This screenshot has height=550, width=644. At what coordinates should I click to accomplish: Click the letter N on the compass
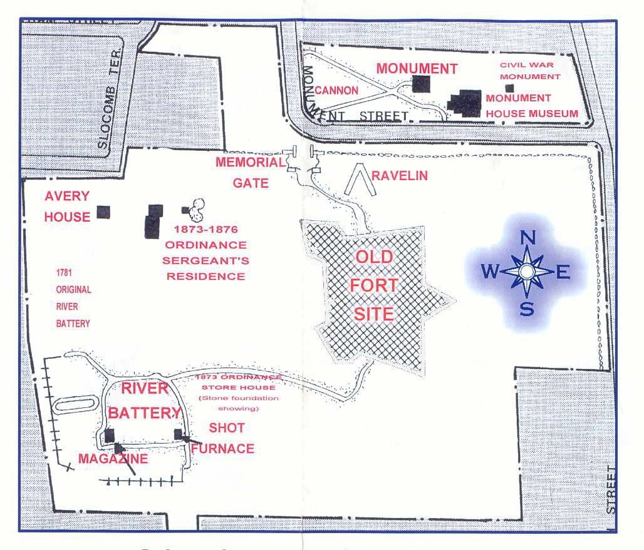527,238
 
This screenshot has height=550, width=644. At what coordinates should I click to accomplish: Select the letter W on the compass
491,272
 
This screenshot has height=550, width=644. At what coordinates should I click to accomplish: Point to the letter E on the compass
563,272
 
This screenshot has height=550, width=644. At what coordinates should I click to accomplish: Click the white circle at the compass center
527,272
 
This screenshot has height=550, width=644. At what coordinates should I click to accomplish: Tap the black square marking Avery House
103,212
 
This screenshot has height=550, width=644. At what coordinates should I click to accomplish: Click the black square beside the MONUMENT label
420,84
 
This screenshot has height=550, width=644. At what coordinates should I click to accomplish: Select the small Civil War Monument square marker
509,88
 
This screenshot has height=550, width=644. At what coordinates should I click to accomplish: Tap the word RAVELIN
400,176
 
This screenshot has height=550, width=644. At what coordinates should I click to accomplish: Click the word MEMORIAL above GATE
250,163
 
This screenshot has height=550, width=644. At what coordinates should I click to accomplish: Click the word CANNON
336,91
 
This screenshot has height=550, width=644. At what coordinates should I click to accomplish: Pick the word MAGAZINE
113,459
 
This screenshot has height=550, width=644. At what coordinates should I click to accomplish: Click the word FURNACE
223,449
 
